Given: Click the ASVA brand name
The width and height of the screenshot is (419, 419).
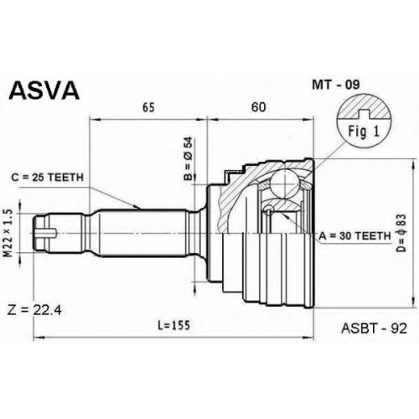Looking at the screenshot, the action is pos(44,91).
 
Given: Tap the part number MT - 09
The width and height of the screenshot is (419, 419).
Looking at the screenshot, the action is pos(336,85).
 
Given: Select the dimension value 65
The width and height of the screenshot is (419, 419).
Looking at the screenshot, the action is pos(148,107).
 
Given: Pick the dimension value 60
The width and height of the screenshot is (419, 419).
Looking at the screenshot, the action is pos(259,107).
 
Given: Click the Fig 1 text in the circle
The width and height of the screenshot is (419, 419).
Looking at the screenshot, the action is pos(364,132).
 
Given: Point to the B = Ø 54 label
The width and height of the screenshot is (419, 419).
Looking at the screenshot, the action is pos(189,158).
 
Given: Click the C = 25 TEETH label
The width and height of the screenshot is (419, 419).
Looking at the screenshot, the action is pos(48,177).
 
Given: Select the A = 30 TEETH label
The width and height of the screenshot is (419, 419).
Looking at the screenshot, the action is pos(354,236).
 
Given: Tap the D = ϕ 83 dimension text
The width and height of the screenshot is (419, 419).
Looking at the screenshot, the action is pos(402,234).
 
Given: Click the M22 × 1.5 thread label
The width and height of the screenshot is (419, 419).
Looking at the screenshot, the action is pos(9,234).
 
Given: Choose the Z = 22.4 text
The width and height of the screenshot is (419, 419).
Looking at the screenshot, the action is pos(34,310).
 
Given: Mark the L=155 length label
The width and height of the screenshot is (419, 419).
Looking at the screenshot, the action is pos(173,325).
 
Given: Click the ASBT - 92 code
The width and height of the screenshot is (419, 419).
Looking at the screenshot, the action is pos(374,328).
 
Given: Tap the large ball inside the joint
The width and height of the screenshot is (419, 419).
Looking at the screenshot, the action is pos(284,184).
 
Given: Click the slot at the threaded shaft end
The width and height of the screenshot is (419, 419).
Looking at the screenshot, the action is pos(47,233).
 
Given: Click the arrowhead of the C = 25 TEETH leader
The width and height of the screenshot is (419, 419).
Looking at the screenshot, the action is pos(137,208).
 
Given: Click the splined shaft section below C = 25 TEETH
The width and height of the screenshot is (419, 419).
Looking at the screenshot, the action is pos(142,233).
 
